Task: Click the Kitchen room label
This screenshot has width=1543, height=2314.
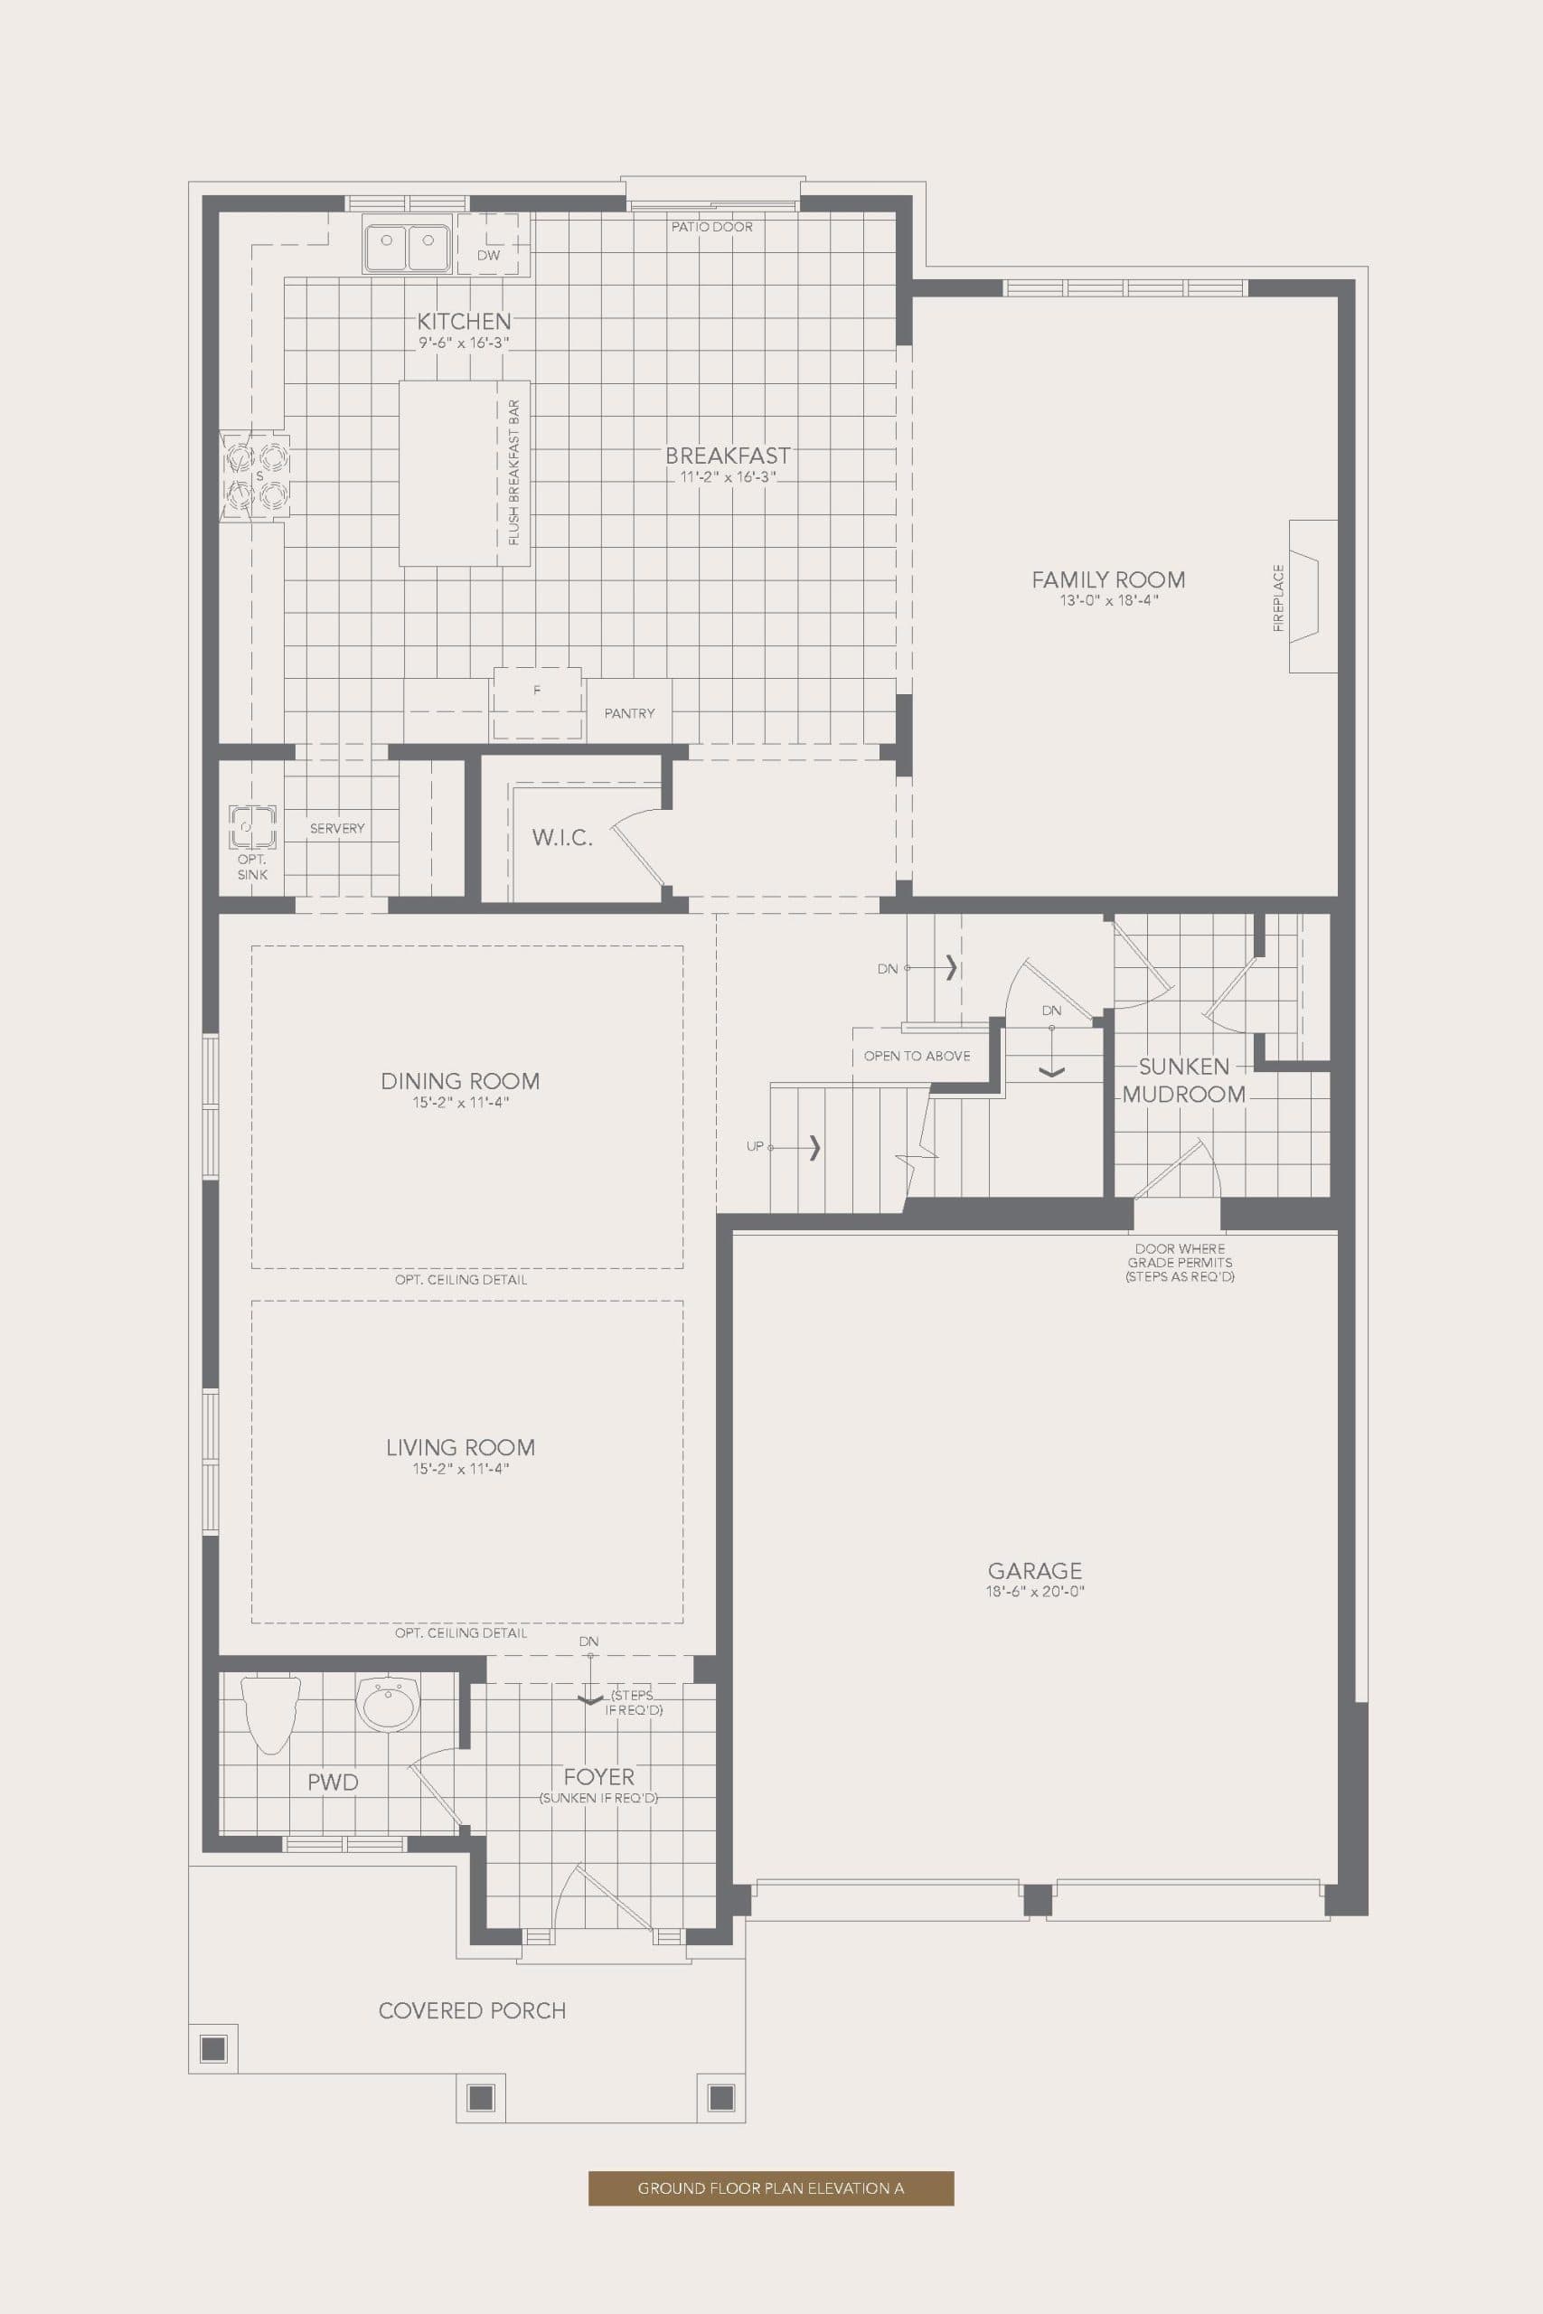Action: tap(464, 322)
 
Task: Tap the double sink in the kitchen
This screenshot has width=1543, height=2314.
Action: tap(407, 243)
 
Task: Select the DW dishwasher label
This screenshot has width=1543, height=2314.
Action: tap(488, 255)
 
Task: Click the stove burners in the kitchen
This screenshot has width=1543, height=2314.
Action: tap(255, 476)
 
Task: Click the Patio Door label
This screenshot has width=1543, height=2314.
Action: tap(711, 227)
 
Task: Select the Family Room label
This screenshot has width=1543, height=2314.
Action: tap(1108, 580)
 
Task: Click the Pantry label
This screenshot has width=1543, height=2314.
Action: tap(629, 713)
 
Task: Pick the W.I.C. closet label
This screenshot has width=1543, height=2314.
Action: tap(562, 838)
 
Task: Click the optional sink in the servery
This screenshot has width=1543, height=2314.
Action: tap(251, 825)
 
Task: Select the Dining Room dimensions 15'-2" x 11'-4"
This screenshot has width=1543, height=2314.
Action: tap(460, 1103)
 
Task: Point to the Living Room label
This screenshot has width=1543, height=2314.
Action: tap(460, 1447)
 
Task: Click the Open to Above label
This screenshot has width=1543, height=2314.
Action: tap(917, 1056)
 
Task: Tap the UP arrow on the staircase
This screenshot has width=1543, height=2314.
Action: tap(813, 1147)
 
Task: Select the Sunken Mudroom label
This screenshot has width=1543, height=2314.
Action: tap(1184, 1080)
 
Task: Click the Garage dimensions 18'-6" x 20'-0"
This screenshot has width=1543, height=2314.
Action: tap(1034, 1592)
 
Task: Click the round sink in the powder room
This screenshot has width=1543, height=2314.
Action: tap(388, 1703)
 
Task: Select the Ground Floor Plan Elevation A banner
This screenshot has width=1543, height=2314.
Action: tap(770, 2187)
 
